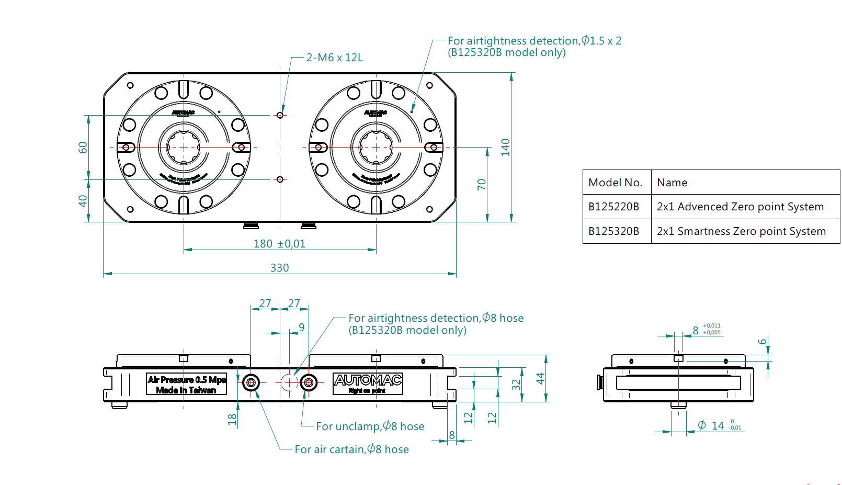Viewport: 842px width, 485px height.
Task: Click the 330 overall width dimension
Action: point(280,268)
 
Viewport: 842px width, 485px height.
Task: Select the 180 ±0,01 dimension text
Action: point(279,244)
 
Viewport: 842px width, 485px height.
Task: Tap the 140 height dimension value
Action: point(505,147)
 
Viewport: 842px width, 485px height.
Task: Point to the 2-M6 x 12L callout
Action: point(334,58)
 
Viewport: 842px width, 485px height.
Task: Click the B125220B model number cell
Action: point(614,207)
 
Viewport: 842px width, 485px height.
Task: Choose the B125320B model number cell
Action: point(614,231)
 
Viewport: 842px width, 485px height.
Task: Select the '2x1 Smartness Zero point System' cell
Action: point(741,231)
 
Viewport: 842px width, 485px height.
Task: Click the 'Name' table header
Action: point(672,183)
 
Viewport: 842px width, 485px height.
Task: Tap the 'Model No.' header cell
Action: point(615,183)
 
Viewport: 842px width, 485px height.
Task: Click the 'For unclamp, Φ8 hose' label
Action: point(370,426)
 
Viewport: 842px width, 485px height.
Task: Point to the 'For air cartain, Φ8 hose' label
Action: point(351,449)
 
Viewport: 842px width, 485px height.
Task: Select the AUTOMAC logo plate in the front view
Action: point(368,384)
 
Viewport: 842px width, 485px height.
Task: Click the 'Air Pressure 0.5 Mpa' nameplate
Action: point(186,385)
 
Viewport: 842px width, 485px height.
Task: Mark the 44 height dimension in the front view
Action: point(540,378)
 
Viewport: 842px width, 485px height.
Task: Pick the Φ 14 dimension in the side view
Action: point(718,426)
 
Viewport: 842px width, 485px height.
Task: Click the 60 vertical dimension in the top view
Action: point(83,148)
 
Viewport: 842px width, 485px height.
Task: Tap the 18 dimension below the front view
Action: point(232,419)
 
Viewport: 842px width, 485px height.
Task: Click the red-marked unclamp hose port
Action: point(309,383)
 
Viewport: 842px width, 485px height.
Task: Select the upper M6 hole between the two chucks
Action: point(280,115)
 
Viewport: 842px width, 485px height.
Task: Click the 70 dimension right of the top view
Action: point(482,184)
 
